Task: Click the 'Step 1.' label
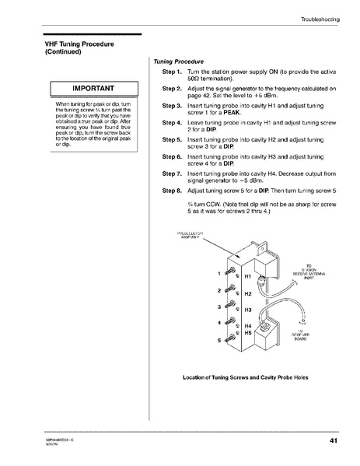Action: click(x=172, y=71)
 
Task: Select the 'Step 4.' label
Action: click(x=172, y=123)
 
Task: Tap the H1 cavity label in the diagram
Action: click(x=249, y=276)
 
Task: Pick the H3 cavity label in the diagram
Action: click(x=249, y=310)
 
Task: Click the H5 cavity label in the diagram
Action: click(x=249, y=333)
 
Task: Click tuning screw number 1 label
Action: click(x=220, y=272)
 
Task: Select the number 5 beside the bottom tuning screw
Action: click(x=220, y=340)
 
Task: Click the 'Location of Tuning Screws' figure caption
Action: click(x=245, y=377)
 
